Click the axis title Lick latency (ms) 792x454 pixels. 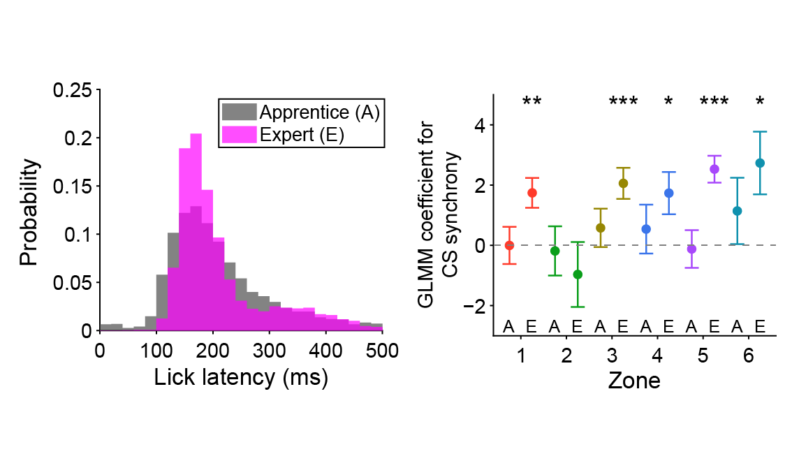coord(241,377)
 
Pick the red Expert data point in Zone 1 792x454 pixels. coord(532,193)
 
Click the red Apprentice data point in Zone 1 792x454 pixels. coord(509,245)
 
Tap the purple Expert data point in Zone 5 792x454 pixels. coord(714,169)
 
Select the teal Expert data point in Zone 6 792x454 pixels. coord(761,163)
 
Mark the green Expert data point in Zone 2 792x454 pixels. coord(578,274)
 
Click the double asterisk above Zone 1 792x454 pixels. coord(531,102)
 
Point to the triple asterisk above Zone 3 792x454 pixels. coord(623,102)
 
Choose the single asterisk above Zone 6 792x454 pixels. coord(760,102)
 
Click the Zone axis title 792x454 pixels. coord(634,381)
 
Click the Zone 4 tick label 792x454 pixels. coord(657,356)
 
